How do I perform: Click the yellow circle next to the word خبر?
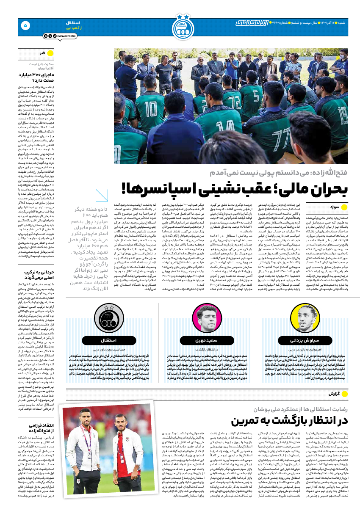[50, 53]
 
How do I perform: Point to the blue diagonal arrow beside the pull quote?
[102, 196]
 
